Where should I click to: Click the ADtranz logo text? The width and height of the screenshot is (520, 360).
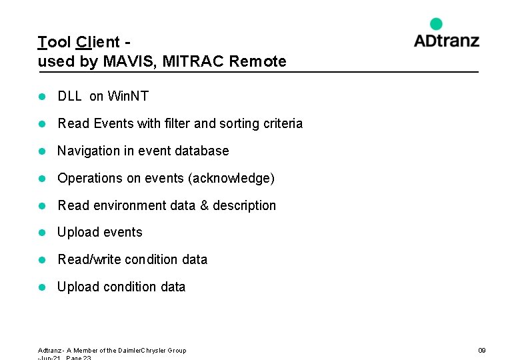[x=446, y=41]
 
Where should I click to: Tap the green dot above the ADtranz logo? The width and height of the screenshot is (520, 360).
[x=436, y=24]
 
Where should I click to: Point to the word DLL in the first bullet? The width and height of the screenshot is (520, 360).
[x=69, y=97]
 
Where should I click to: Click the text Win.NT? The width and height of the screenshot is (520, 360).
[x=128, y=97]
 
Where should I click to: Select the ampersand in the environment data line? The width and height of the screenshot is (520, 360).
[x=203, y=205]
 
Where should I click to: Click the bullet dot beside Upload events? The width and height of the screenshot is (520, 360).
[x=41, y=233]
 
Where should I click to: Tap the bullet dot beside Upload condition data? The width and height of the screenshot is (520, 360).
[x=41, y=287]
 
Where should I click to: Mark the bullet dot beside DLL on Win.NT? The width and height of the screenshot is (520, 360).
[x=41, y=97]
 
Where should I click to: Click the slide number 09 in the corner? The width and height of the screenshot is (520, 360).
[x=482, y=350]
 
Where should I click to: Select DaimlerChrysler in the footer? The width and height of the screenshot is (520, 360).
[x=141, y=350]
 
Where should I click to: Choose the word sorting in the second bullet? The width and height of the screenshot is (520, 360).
[x=239, y=123]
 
